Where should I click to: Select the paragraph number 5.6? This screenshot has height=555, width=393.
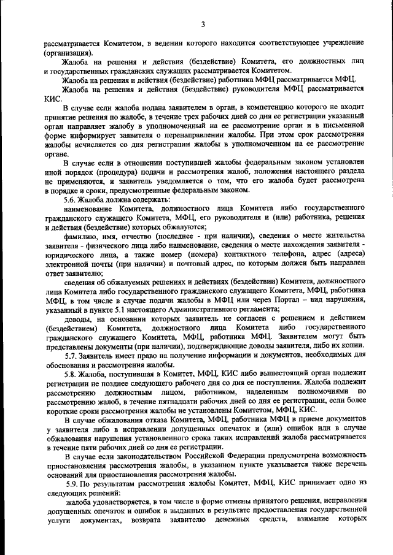(x=72, y=200)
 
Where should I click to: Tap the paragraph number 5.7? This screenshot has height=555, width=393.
(x=72, y=356)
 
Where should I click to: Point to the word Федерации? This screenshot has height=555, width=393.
(x=229, y=458)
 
